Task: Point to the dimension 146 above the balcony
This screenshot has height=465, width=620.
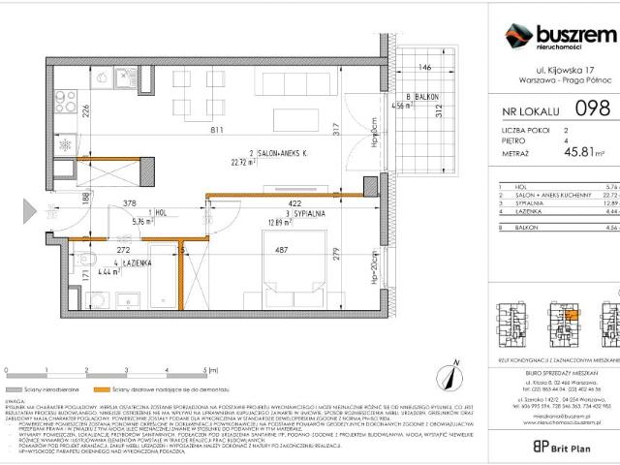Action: tap(423, 68)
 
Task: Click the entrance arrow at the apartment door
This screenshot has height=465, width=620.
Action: tap(32, 209)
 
